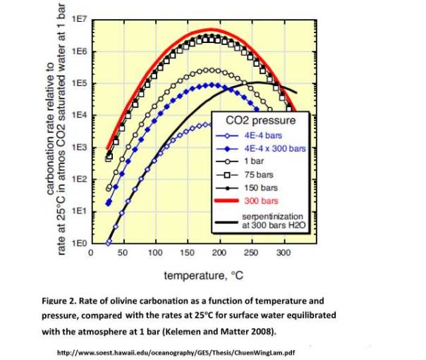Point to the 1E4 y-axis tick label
[x=79, y=115]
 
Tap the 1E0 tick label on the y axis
[x=79, y=242]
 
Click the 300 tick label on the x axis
[x=282, y=252]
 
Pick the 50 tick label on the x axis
[x=122, y=252]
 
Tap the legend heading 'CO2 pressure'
[x=260, y=121]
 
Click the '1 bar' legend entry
[x=255, y=161]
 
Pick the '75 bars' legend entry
[x=258, y=174]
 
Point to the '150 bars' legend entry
[x=260, y=188]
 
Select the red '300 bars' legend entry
[x=260, y=201]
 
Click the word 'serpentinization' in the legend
[x=272, y=216]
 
